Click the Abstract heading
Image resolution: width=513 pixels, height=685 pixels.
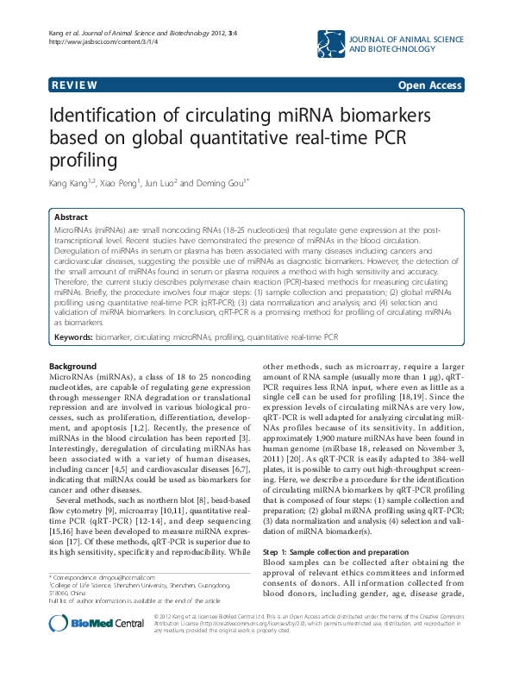[x=71, y=218]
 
